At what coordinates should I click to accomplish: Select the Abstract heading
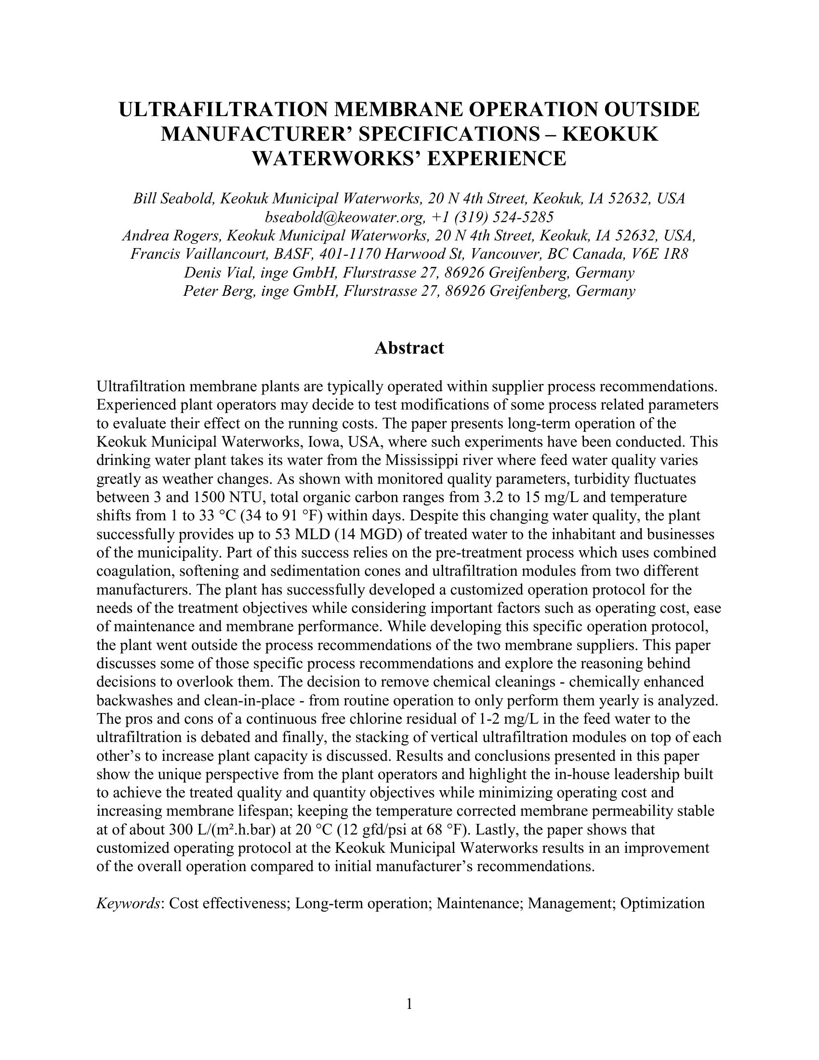click(409, 348)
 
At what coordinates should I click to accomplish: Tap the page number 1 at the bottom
click(409, 1003)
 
